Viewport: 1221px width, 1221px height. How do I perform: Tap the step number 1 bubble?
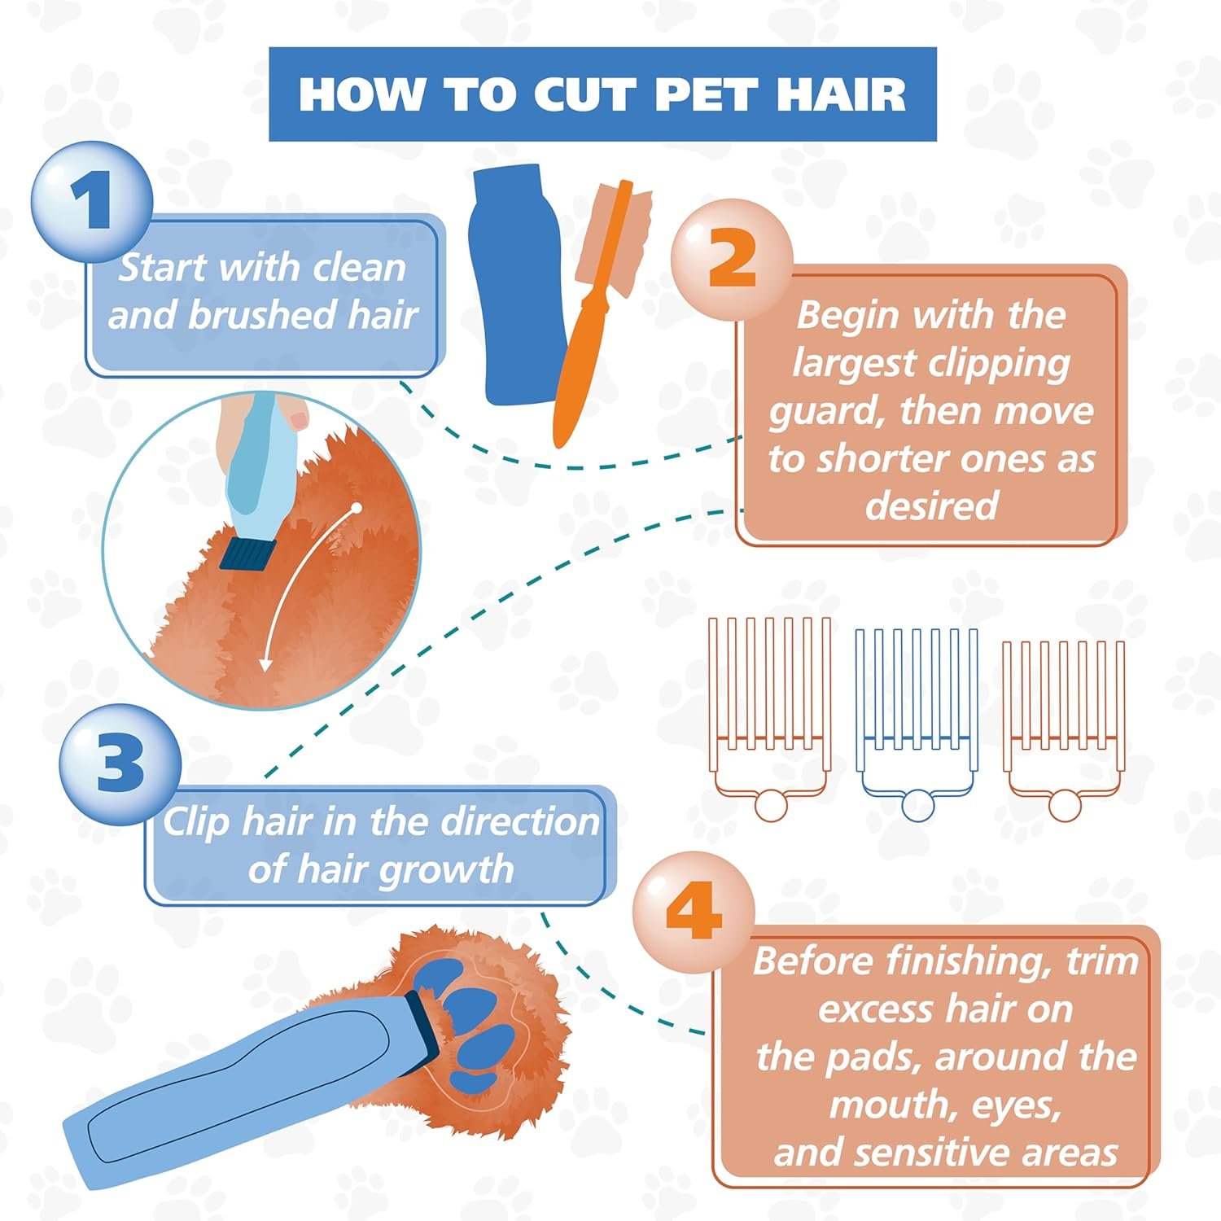91,200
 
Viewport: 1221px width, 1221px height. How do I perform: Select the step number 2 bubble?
731,259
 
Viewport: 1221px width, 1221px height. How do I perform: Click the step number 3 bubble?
120,764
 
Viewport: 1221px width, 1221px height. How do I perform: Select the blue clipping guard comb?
917,716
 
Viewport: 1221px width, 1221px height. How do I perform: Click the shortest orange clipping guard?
1065,724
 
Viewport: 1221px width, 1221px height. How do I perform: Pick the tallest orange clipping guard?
770,712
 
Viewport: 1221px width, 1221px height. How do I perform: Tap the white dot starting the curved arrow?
356,508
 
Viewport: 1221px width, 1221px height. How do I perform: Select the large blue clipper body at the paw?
244,1083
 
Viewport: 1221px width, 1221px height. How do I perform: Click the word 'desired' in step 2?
931,505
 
